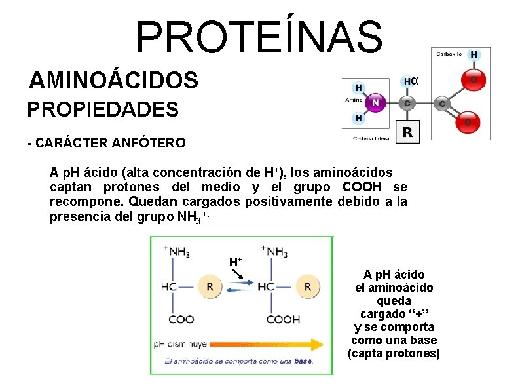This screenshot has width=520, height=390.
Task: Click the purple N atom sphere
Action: pyautogui.click(x=375, y=102)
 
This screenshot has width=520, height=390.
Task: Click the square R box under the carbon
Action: pyautogui.click(x=407, y=132)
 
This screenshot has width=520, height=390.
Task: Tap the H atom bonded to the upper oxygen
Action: pyautogui.click(x=473, y=54)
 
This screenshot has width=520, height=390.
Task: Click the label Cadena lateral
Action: pyautogui.click(x=371, y=138)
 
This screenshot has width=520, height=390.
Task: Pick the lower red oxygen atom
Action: pyautogui.click(x=468, y=121)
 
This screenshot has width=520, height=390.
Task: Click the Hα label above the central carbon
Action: pyautogui.click(x=409, y=81)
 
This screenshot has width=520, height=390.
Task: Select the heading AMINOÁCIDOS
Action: pyautogui.click(x=113, y=81)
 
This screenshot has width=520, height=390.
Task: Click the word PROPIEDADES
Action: pyautogui.click(x=103, y=109)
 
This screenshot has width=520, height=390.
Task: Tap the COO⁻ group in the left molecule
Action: pyautogui.click(x=182, y=319)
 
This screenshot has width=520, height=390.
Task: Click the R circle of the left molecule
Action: pyautogui.click(x=210, y=286)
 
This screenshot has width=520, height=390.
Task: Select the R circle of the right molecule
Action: pyautogui.click(x=308, y=286)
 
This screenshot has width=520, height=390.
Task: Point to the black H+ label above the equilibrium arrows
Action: pyautogui.click(x=235, y=262)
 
